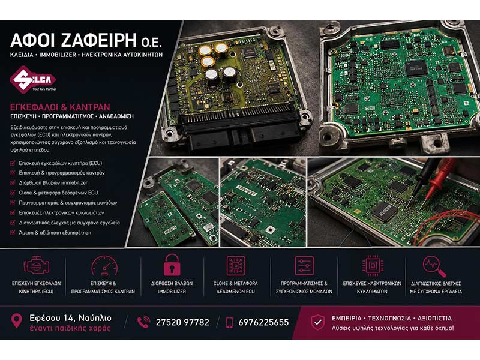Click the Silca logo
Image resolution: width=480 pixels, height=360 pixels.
[33, 79]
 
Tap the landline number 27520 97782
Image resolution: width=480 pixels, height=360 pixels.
[182, 322]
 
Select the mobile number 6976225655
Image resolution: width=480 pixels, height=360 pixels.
[263, 322]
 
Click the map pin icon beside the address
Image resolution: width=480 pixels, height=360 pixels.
[17, 320]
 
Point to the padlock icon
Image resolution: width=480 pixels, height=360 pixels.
[172, 265]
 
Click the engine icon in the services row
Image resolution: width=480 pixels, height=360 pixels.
[37, 265]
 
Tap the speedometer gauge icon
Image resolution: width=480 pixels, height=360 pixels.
[104, 266]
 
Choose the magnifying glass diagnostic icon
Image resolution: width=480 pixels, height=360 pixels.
[434, 266]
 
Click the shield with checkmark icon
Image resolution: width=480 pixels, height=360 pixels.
[318, 322]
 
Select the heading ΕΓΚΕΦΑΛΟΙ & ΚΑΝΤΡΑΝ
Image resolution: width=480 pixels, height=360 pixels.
[60, 107]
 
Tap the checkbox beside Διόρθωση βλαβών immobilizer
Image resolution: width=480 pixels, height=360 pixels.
[13, 183]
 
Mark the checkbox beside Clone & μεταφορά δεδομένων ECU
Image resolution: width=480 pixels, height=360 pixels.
[13, 193]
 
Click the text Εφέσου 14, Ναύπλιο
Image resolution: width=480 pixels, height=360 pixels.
[70, 318]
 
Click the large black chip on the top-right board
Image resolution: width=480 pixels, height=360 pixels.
[416, 68]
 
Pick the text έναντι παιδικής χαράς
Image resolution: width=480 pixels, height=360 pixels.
[70, 328]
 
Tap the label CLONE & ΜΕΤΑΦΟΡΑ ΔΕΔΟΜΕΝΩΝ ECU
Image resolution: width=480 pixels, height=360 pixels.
[235, 287]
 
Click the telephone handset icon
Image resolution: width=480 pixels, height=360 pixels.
[143, 322]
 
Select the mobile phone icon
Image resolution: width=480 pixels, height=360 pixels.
[229, 322]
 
